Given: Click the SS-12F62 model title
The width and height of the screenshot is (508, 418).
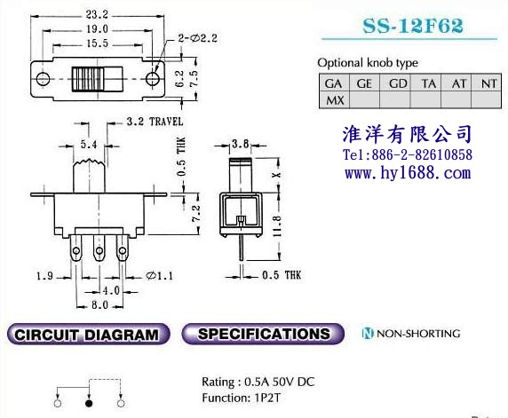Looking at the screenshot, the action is pos(413,26).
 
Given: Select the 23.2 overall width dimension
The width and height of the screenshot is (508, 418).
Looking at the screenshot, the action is pos(97,14).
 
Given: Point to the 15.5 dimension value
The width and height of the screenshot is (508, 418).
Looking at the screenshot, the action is pos(97,43).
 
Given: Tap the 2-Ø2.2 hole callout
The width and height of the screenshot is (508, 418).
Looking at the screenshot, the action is pos(197,38).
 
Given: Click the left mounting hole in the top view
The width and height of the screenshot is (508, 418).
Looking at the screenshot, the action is pos(43,79).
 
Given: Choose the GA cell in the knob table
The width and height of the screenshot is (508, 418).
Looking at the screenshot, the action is pos(334,83).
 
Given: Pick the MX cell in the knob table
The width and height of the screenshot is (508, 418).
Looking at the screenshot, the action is pos(334,100).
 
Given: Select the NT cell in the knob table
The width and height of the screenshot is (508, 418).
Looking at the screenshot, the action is pos(488,83).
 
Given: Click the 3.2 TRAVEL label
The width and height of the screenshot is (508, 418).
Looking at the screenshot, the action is pos(155,122).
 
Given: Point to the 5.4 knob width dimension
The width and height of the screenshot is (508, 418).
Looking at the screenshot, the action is pos(89,144).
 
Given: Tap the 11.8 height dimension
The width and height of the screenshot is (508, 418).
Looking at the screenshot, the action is pos(277,226).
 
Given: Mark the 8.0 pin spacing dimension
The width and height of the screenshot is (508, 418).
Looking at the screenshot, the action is pos(99,305).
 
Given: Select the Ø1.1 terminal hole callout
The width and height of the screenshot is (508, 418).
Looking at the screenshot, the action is pos(159,276).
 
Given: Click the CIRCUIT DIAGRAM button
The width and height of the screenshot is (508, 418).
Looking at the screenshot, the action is pos(88,334).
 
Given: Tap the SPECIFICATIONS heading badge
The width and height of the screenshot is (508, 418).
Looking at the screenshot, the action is pos(263,334).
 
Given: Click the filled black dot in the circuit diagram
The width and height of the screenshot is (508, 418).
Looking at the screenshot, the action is pos(89,404).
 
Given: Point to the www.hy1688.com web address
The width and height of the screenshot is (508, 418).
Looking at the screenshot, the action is pos(408,173).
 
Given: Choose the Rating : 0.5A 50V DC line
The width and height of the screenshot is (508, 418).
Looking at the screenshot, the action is pos(258,383).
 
